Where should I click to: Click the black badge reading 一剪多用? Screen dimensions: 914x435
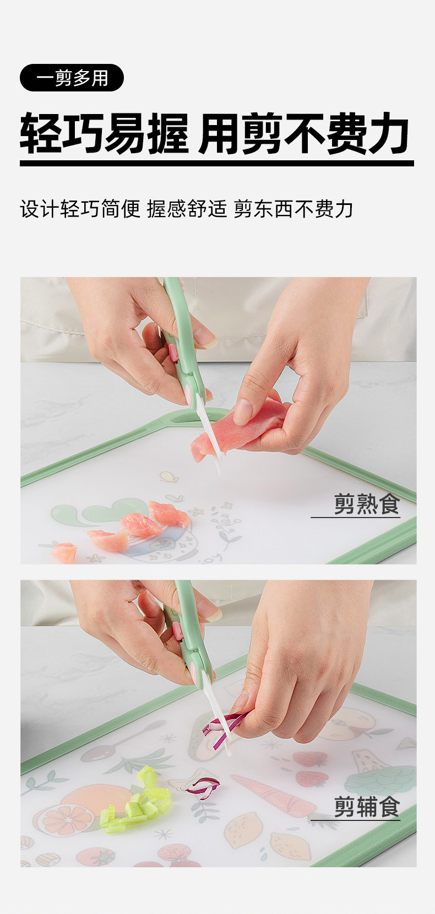[x=72, y=78]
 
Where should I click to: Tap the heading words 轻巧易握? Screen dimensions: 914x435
[x=105, y=134]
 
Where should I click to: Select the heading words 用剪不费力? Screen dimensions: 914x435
[x=304, y=134]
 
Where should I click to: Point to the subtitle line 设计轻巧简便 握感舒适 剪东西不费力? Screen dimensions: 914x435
[x=187, y=209]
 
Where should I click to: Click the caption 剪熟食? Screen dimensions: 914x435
[x=366, y=504]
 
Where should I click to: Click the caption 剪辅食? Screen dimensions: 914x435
[x=366, y=807]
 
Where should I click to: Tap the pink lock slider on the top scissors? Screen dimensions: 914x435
[x=173, y=352]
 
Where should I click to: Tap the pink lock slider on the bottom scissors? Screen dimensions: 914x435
[x=178, y=631]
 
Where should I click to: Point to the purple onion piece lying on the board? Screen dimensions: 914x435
[x=202, y=787]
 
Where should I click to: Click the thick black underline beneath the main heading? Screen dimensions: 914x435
[x=216, y=163]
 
